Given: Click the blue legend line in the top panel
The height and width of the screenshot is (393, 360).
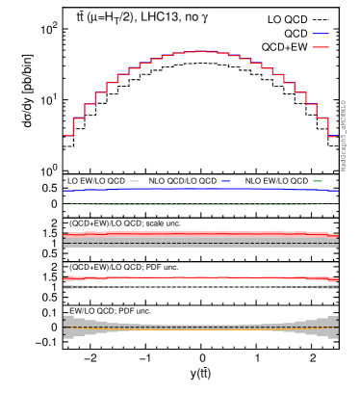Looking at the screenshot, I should [320, 34].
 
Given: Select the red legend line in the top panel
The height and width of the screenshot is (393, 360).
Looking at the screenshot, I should [320, 47].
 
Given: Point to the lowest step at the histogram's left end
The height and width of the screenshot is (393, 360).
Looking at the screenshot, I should [68, 135].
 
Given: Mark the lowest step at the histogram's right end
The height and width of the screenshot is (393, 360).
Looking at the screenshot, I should [332, 136].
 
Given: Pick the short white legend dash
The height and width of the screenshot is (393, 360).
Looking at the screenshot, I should [134, 181].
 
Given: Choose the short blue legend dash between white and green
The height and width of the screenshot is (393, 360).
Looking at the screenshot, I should [225, 181].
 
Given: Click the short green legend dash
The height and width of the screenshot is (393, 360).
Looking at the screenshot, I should [318, 181].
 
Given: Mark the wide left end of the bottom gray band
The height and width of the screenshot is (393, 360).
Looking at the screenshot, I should [68, 327].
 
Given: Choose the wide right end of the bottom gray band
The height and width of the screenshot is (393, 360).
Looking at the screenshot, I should [333, 327].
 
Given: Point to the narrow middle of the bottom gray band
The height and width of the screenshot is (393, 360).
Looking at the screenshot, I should [200, 327].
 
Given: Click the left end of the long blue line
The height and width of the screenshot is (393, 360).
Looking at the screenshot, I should [65, 191].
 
